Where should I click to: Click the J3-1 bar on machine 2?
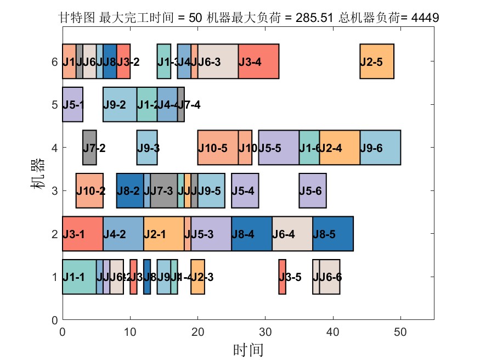click(x=82, y=234)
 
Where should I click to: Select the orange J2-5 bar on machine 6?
click(x=377, y=61)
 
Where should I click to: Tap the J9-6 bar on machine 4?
click(x=380, y=148)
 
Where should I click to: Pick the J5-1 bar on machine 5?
click(x=72, y=104)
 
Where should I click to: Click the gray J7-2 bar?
click(x=89, y=148)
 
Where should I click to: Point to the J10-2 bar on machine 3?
click(x=89, y=190)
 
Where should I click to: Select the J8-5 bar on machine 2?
click(x=333, y=234)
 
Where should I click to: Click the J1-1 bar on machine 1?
click(x=79, y=277)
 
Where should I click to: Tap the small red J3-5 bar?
click(x=282, y=277)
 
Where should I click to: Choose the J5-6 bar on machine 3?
click(x=313, y=190)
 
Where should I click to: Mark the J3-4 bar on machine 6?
click(x=258, y=61)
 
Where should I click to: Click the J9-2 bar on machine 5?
click(x=120, y=104)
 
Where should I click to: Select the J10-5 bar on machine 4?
click(x=218, y=148)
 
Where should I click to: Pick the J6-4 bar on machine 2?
click(x=292, y=234)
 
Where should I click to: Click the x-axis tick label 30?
click(x=266, y=331)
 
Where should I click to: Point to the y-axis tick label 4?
click(x=54, y=148)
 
